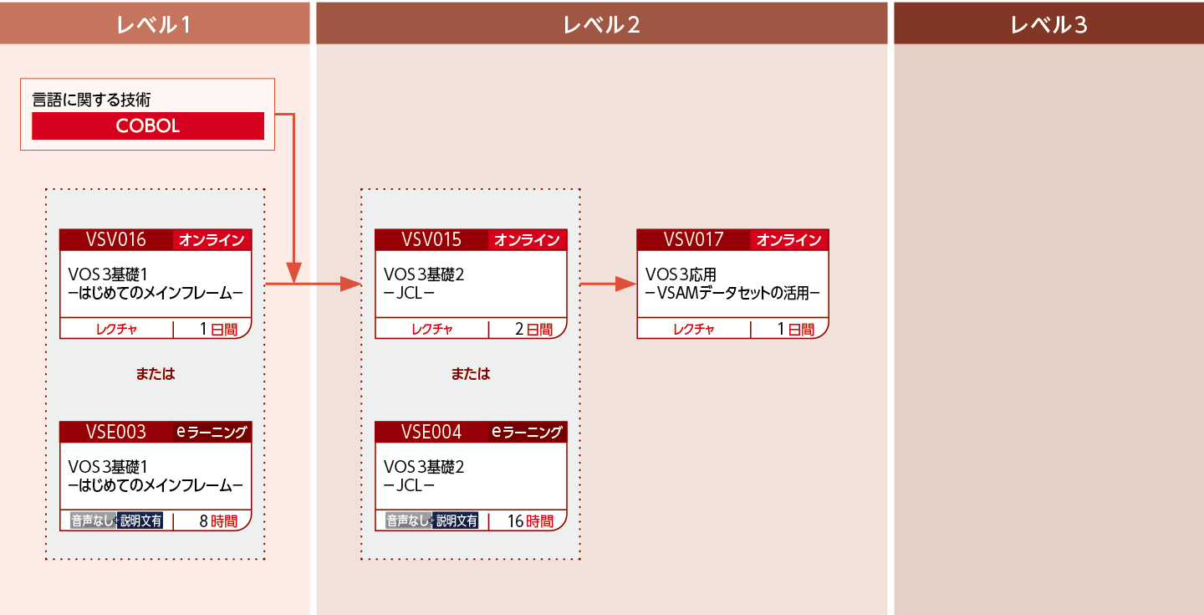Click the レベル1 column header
point(155,25)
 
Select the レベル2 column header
point(601,25)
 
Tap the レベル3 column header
point(1048,25)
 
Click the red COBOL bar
point(148,126)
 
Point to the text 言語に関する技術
point(91,99)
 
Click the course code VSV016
point(115,240)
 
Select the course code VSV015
point(431,240)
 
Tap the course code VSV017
point(693,240)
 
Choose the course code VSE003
point(115,432)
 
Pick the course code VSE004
point(431,432)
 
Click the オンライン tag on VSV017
point(789,240)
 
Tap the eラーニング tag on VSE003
point(212,432)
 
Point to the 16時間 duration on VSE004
point(530,521)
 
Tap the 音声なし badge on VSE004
point(408,521)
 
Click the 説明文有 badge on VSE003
point(140,521)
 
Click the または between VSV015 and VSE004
point(471,374)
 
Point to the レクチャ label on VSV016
point(116,330)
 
